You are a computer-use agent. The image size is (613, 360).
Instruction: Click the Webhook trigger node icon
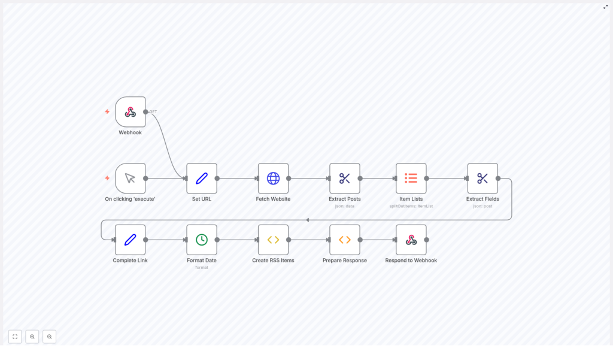(130, 112)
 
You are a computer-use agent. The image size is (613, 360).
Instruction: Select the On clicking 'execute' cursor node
(130, 178)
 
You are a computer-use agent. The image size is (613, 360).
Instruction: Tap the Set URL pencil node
(202, 178)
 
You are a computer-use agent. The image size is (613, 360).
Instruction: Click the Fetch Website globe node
(273, 178)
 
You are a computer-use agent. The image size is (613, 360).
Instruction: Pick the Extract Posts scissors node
(345, 178)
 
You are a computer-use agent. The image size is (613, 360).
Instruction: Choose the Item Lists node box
(411, 178)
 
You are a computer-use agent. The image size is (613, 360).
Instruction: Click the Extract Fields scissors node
(482, 178)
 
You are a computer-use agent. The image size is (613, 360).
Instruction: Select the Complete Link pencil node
(130, 240)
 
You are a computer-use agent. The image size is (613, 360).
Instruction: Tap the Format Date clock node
(202, 240)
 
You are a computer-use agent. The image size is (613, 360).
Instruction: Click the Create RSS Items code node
(273, 240)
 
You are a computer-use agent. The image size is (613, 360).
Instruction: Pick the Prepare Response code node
(345, 240)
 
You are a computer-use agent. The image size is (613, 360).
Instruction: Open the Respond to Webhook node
(411, 240)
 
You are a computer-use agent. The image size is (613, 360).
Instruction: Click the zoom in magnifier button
(32, 337)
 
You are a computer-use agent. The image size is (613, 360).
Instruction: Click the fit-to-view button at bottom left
(15, 337)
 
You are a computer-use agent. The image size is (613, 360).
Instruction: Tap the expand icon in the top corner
(605, 7)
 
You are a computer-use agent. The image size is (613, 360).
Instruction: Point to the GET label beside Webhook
(153, 112)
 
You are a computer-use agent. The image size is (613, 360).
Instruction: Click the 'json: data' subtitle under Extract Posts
(345, 206)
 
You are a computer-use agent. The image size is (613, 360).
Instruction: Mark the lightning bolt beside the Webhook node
(107, 112)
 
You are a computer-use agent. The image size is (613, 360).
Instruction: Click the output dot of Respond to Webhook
(426, 240)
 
